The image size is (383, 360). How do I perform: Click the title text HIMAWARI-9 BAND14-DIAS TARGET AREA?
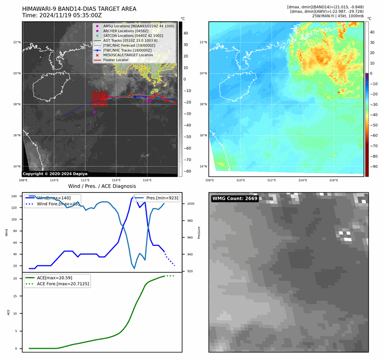pyautogui.click(x=79, y=9)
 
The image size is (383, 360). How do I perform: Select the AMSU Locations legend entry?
pyautogui.click(x=136, y=26)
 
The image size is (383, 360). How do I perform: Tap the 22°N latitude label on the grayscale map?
pyautogui.click(x=16, y=42)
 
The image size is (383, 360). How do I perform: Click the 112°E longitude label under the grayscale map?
pyautogui.click(x=85, y=180)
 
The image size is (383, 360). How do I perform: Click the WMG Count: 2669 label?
pyautogui.click(x=235, y=199)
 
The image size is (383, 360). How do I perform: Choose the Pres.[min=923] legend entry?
pyautogui.click(x=161, y=198)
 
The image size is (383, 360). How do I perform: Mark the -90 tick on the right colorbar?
pyautogui.click(x=374, y=167)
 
